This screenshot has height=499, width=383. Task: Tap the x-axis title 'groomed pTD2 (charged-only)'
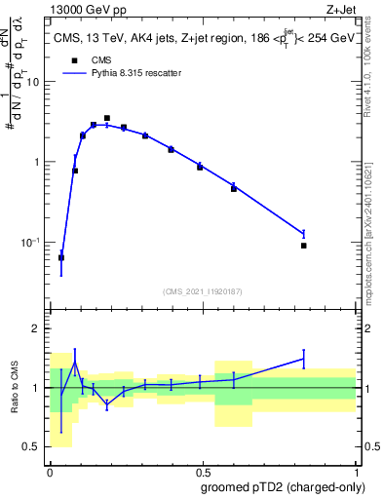[283, 486]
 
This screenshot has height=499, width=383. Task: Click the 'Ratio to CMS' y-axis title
[14, 388]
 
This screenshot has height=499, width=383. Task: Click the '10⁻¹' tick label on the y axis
[30, 242]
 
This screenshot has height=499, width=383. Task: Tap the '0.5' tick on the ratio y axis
[30, 446]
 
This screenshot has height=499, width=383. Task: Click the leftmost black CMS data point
[61, 257]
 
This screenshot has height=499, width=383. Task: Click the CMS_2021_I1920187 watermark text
[202, 290]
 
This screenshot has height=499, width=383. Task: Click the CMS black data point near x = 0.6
[234, 188]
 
